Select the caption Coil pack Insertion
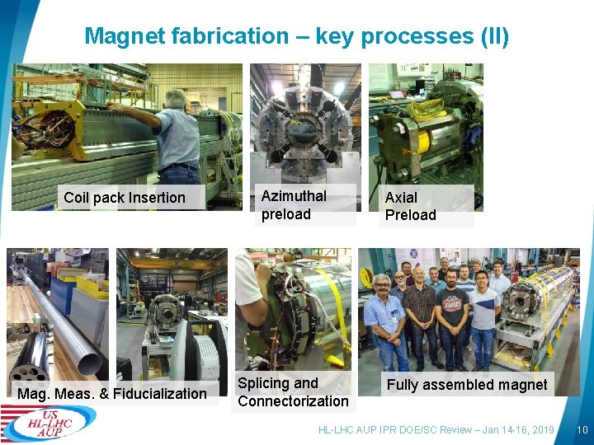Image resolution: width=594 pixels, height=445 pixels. (125, 198)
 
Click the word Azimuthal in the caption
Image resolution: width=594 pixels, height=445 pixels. (294, 196)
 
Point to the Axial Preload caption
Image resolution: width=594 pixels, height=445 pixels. (410, 206)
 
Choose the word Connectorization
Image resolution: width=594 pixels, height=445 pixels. (293, 401)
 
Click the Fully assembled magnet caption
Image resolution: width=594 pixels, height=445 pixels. (467, 385)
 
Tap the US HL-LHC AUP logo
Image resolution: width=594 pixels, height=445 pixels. (49, 423)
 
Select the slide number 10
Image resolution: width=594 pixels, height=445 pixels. (582, 430)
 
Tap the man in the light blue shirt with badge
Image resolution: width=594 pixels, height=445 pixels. (384, 317)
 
